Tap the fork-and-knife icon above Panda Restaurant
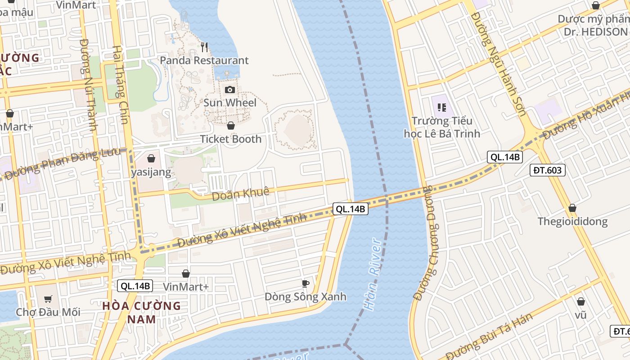(204, 47)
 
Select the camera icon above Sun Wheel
(230, 90)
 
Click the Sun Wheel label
(230, 103)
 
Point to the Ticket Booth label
(230, 139)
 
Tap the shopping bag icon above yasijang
(151, 158)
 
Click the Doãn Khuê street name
(240, 194)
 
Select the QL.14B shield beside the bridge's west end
(351, 209)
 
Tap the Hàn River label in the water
(373, 275)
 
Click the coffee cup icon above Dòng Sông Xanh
(305, 283)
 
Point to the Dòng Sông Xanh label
(305, 297)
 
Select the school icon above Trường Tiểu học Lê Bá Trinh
(441, 107)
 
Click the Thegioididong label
(572, 221)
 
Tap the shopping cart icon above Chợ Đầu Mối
(48, 299)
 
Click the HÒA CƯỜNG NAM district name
(141, 312)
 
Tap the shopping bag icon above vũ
(580, 301)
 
